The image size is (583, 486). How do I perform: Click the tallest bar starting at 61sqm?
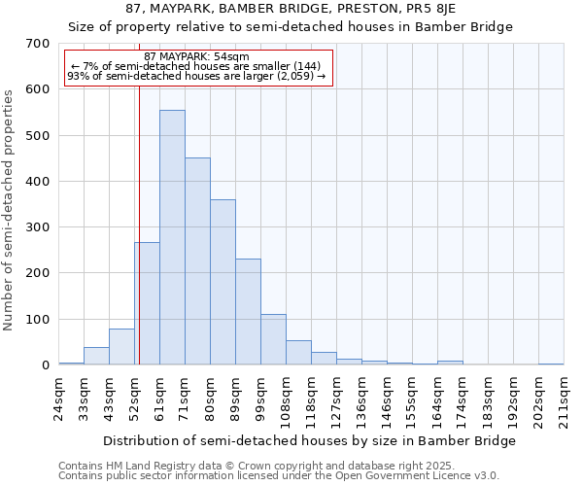172,237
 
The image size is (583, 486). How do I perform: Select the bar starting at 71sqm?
197,261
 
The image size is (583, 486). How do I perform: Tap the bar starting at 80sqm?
223,282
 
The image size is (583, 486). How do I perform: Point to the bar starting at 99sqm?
273,339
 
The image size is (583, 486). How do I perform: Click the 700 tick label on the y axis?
38,44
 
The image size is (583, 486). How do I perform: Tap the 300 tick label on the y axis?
38,227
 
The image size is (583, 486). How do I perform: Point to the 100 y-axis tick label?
38,320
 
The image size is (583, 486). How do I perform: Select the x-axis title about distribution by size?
309,440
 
